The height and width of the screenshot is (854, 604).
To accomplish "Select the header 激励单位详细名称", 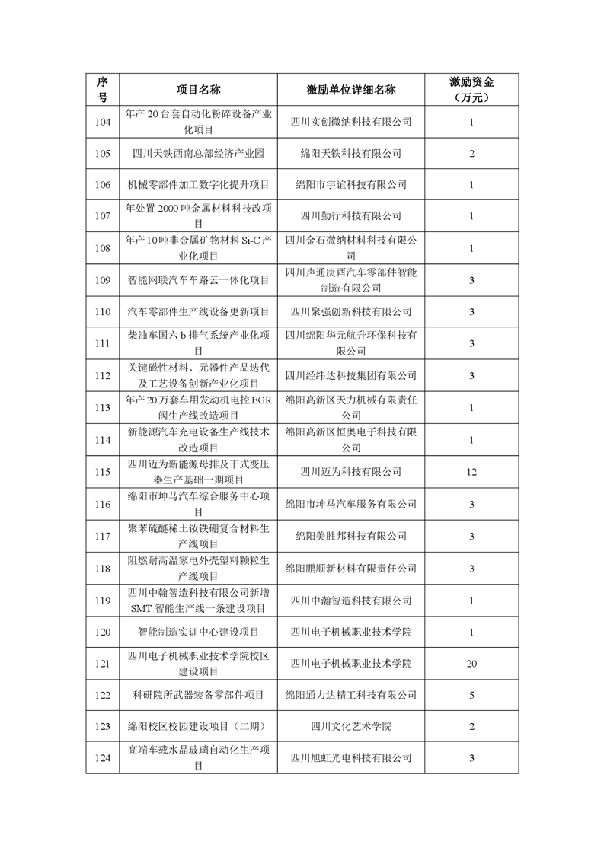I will pyautogui.click(x=350, y=90).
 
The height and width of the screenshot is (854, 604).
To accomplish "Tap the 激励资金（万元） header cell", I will pyautogui.click(x=471, y=90).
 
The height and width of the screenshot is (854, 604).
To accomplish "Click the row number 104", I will pyautogui.click(x=103, y=122).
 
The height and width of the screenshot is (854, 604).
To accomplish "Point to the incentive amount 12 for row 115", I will pyautogui.click(x=471, y=472).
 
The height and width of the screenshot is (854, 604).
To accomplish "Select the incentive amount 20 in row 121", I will pyautogui.click(x=471, y=664).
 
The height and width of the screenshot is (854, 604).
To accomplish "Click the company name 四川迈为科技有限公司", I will pyautogui.click(x=350, y=472).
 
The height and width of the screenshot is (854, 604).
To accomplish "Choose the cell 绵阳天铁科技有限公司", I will pyautogui.click(x=350, y=154).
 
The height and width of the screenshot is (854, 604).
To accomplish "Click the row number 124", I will pyautogui.click(x=103, y=758).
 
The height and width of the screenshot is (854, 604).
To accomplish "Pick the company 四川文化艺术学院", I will pyautogui.click(x=350, y=726).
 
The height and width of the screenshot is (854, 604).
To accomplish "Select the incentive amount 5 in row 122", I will pyautogui.click(x=471, y=694).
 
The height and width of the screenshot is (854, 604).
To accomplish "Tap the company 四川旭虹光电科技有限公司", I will pyautogui.click(x=350, y=758).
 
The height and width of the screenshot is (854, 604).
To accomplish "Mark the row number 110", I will pyautogui.click(x=103, y=312).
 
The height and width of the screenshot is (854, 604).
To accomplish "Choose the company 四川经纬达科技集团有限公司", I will pyautogui.click(x=350, y=376).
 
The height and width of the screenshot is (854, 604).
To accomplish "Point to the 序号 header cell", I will pyautogui.click(x=103, y=90).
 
